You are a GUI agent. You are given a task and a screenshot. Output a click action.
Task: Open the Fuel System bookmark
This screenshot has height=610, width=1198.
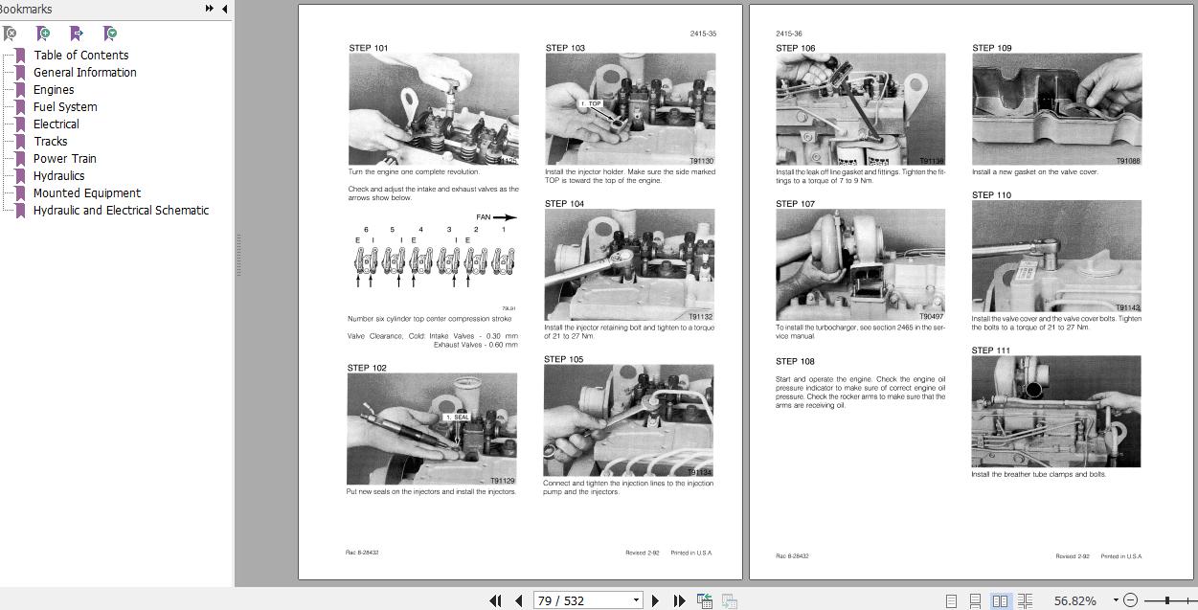click(65, 107)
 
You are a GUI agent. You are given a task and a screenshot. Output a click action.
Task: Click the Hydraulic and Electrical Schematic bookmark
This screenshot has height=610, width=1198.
click(121, 211)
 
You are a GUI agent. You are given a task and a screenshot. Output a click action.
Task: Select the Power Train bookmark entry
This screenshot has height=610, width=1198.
click(64, 159)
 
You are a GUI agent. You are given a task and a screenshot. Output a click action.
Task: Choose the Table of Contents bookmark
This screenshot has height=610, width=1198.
click(80, 56)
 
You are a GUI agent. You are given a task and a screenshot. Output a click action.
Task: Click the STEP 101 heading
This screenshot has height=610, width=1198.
click(369, 48)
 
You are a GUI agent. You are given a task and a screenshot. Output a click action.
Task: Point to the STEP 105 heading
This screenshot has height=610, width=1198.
click(564, 360)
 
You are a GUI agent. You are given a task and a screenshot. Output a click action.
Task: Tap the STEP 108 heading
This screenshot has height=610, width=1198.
click(795, 362)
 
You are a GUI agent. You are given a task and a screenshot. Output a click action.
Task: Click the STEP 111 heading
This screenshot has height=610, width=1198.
click(991, 350)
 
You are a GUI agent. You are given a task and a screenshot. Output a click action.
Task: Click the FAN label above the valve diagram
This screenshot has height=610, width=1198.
click(484, 217)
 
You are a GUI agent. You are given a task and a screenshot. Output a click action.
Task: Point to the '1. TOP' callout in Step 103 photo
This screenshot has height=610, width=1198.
click(591, 103)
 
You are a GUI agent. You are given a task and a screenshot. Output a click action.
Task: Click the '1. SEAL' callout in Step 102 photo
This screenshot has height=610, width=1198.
click(458, 418)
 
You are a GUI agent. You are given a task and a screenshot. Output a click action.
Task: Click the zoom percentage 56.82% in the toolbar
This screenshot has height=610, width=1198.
click(1074, 600)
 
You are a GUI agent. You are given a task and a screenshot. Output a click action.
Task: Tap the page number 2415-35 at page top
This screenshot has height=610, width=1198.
click(702, 34)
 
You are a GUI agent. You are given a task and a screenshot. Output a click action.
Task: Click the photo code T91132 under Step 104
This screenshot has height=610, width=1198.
click(700, 317)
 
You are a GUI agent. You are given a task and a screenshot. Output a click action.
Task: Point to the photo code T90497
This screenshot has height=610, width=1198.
click(931, 317)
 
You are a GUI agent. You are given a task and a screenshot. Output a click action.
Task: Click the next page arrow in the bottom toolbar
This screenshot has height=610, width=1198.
click(656, 600)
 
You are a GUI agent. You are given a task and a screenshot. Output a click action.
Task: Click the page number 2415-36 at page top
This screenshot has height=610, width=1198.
click(788, 34)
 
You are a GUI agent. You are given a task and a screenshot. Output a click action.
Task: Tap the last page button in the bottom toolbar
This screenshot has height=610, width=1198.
click(679, 600)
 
